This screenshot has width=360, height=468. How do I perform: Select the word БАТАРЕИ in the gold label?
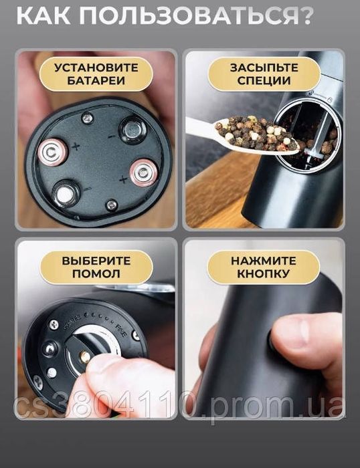tap(96, 81)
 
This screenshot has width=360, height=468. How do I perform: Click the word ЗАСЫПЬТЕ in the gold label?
tap(264, 68)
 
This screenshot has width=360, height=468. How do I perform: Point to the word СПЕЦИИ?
tap(264, 81)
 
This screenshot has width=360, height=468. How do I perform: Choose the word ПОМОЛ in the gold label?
tap(96, 273)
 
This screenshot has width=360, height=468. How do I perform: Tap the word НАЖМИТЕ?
tap(264, 261)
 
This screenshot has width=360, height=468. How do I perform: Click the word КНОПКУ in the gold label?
tap(264, 273)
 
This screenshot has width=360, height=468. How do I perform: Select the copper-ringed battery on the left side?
tap(53, 153)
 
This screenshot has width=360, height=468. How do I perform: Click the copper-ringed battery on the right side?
tap(143, 172)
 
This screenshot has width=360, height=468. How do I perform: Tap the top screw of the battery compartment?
tap(86, 118)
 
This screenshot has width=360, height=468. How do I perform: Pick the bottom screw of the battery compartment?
tap(112, 205)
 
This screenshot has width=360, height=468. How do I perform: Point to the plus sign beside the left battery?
tap(76, 146)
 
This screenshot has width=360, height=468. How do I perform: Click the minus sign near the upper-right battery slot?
tap(111, 136)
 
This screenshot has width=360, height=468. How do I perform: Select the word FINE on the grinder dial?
tap(121, 330)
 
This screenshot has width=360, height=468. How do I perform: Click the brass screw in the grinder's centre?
tap(85, 356)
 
